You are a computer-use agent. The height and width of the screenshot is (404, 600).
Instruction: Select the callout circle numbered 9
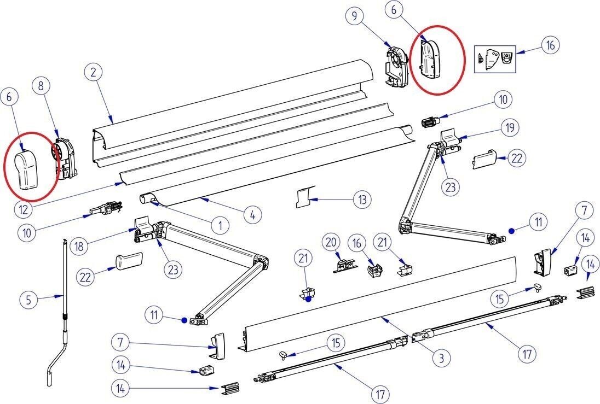point(355,16)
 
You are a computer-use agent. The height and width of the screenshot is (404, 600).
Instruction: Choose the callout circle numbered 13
point(362,200)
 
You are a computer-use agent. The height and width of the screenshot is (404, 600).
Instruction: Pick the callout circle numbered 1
point(220,225)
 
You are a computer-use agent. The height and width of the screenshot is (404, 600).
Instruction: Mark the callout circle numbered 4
point(252,215)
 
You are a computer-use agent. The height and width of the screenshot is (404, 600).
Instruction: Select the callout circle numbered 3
point(441,358)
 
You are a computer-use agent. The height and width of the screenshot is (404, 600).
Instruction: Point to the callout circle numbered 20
point(331,241)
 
